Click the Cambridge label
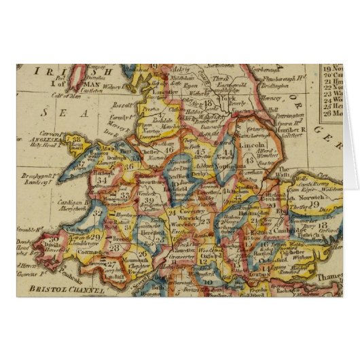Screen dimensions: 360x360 pos(274,230)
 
